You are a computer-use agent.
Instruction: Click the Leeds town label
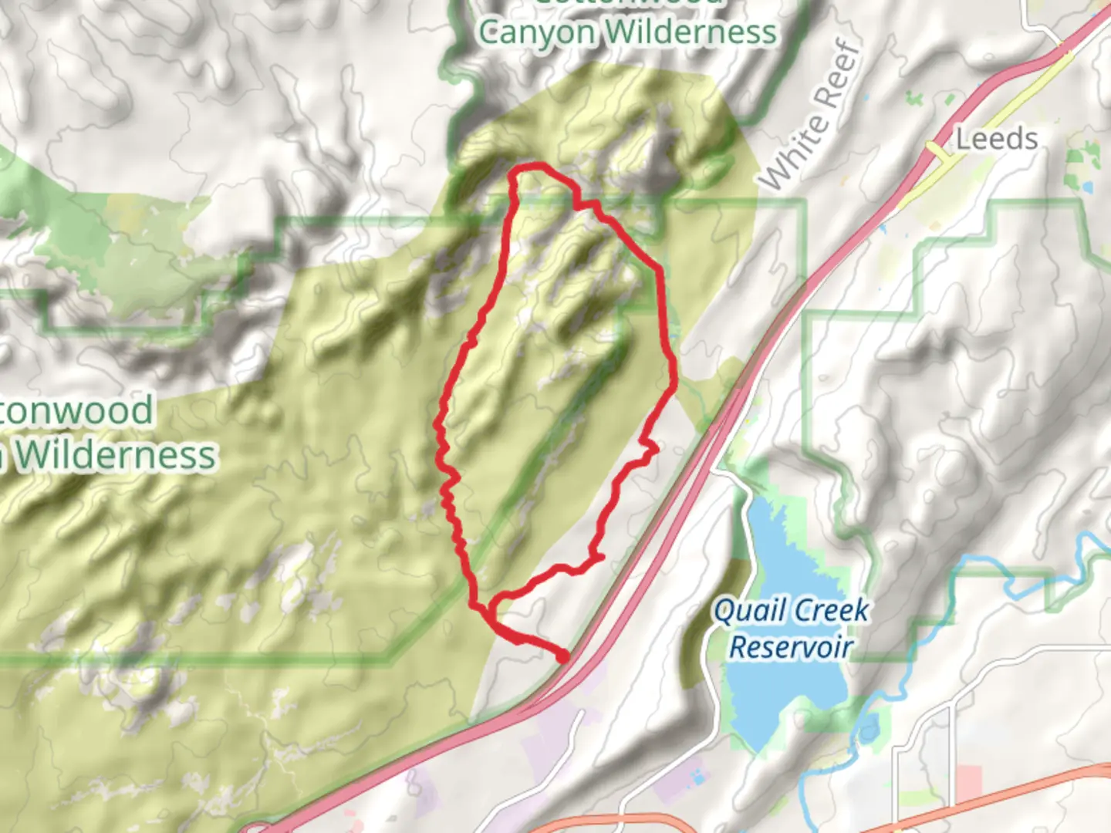coord(997,140)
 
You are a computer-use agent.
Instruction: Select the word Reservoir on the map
coord(791,647)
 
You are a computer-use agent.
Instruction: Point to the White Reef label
coord(809,116)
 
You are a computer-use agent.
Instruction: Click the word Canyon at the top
coord(538,33)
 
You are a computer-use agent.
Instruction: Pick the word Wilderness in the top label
coord(691,33)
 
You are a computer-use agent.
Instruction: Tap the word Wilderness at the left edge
coord(116,454)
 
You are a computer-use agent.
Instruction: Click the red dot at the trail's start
coord(564,656)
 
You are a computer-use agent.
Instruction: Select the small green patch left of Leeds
coord(915,99)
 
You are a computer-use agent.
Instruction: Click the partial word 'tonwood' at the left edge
coord(77,410)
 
